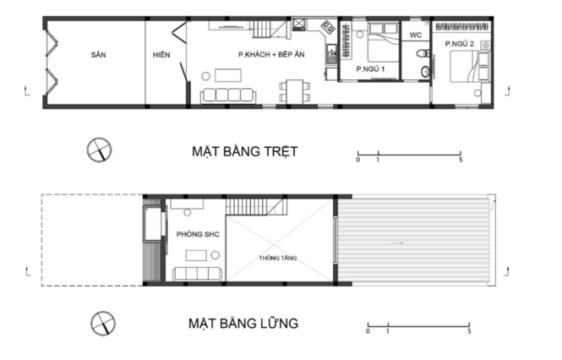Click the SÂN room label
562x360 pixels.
98,54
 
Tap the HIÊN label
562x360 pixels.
161,54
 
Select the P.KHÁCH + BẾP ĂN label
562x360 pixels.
271,54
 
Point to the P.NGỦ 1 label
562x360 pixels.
370,68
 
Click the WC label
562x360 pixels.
416,35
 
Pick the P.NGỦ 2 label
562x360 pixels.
460,44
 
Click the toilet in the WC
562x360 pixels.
423,53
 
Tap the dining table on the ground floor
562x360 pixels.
295,91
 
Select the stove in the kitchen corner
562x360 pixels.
328,26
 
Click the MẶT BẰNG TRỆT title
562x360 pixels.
245,151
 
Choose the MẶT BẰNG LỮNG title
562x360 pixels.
243,324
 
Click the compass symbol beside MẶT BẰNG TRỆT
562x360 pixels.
99,150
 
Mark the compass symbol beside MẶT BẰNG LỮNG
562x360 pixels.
103,324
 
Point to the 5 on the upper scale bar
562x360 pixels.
461,160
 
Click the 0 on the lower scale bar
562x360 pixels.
368,331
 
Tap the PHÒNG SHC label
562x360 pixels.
198,234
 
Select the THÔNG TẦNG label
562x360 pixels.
278,258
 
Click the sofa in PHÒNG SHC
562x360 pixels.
198,275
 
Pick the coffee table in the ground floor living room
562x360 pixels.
228,75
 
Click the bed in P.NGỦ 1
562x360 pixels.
384,42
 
